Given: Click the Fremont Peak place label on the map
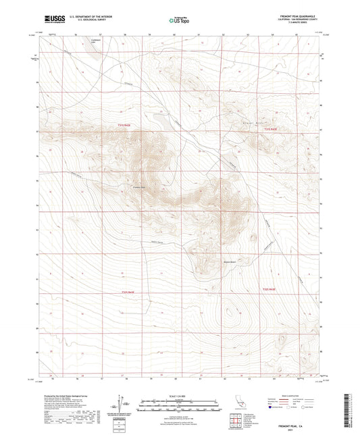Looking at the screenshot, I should click(139, 188).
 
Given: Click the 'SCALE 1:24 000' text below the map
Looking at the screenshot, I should click(179, 395).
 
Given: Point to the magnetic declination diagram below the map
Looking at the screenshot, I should click(122, 405).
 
